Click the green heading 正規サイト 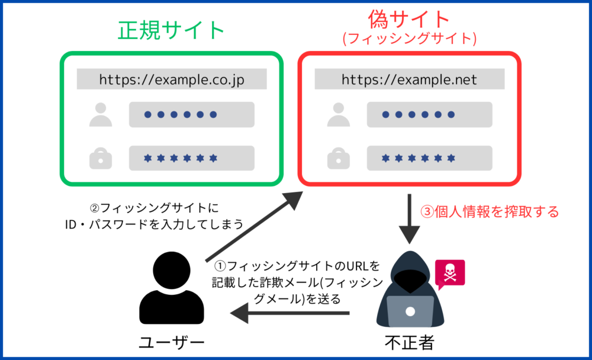[172, 30]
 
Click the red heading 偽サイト [409, 19]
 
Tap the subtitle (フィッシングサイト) [409, 38]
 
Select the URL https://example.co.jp [172, 80]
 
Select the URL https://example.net [409, 80]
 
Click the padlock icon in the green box [101, 158]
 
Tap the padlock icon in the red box [338, 158]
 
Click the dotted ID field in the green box [192, 114]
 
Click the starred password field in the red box [430, 158]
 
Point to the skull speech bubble [450, 274]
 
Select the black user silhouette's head [172, 271]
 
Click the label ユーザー [172, 343]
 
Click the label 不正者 [410, 343]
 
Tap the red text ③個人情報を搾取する [490, 211]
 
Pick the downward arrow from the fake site [409, 219]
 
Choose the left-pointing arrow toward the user [289, 313]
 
